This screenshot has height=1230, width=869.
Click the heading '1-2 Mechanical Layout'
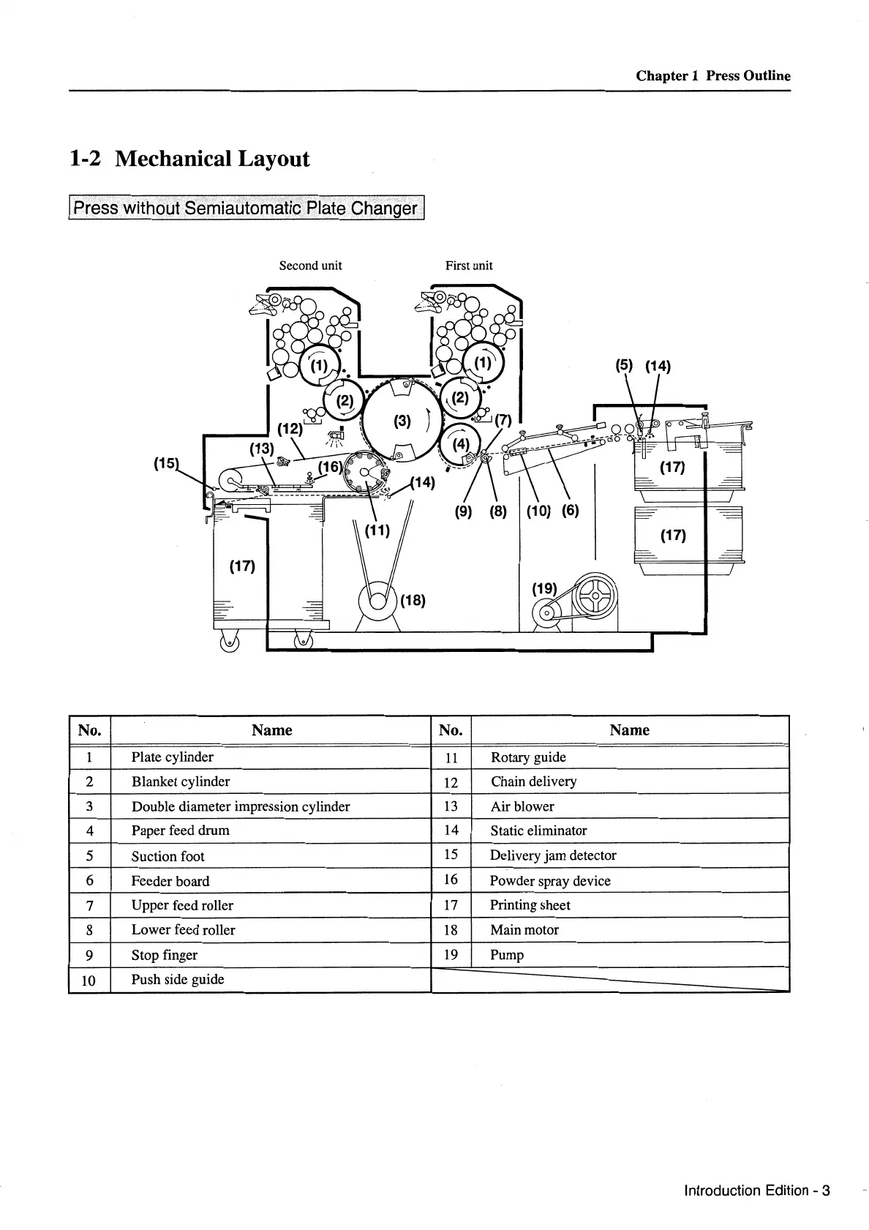(x=189, y=159)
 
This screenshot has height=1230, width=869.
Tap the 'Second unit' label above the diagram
(x=310, y=266)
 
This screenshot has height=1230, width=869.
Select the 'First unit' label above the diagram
(x=469, y=266)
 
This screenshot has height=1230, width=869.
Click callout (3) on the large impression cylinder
(x=402, y=421)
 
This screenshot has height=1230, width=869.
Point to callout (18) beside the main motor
(x=413, y=601)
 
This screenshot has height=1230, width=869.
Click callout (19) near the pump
(x=544, y=588)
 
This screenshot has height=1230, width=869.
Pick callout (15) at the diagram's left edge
(x=166, y=462)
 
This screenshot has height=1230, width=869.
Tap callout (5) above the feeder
(x=623, y=366)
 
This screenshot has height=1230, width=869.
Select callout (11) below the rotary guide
(x=377, y=530)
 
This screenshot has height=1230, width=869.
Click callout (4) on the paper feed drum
(x=461, y=444)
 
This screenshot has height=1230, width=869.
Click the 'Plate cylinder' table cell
(x=173, y=757)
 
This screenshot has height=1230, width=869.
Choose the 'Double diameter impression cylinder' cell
(x=241, y=806)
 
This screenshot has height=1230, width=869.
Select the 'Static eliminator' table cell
(x=538, y=830)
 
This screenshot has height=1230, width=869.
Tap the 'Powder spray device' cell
(x=550, y=881)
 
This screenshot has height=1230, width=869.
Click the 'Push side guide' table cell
(x=178, y=979)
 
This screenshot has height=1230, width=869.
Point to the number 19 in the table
(x=451, y=954)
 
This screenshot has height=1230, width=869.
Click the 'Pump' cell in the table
(x=507, y=955)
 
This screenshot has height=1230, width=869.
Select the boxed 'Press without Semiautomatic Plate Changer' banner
(x=247, y=208)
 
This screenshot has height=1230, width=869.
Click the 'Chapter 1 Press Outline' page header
(x=712, y=75)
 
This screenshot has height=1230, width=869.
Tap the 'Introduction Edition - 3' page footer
(x=756, y=1190)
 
